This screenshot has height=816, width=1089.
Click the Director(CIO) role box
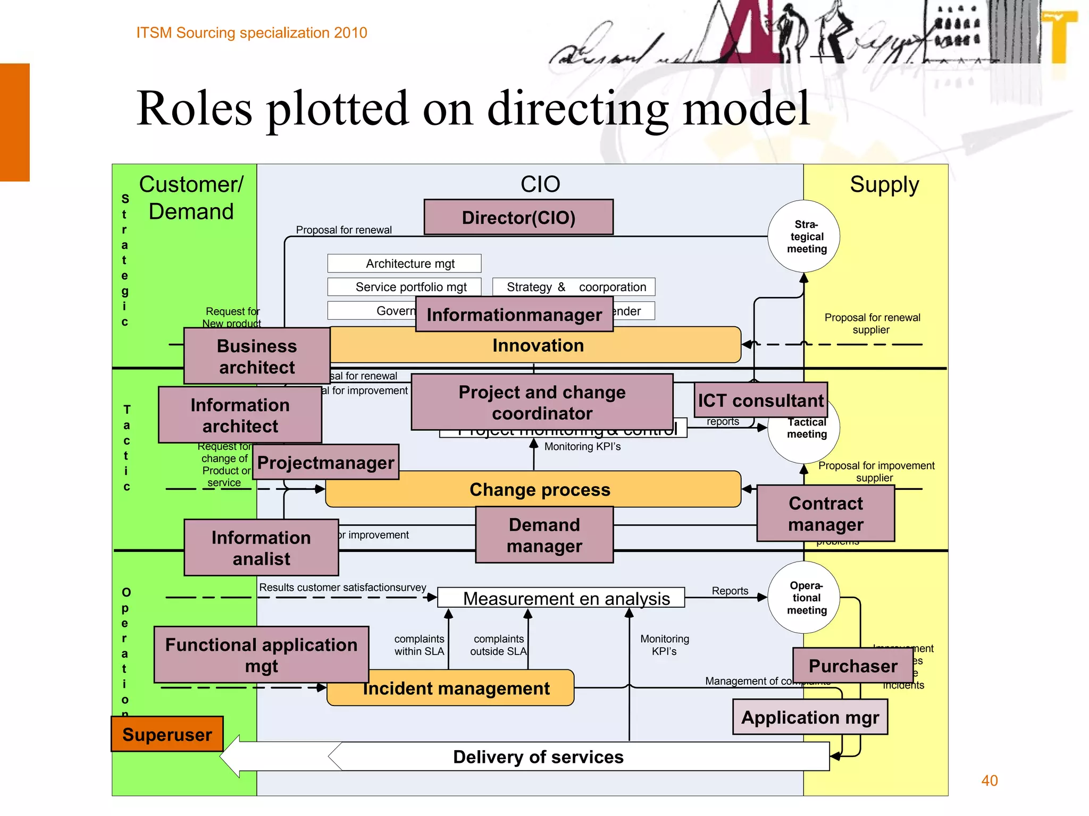click(x=518, y=217)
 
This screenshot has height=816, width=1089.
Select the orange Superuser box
click(x=167, y=734)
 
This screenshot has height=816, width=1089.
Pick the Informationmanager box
click(x=514, y=314)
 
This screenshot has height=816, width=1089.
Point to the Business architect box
click(x=257, y=356)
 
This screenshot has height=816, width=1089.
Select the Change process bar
click(x=539, y=489)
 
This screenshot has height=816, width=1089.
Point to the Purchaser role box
click(x=852, y=666)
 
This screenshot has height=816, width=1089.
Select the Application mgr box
click(x=810, y=717)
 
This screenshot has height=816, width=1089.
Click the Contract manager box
click(x=825, y=514)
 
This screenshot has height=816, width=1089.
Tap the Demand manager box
click(x=544, y=535)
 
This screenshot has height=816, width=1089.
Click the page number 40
click(x=989, y=780)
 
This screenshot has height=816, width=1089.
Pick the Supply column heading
click(x=884, y=185)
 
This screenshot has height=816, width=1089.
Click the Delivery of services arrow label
click(x=538, y=756)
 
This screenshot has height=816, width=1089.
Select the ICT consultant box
click(x=760, y=400)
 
